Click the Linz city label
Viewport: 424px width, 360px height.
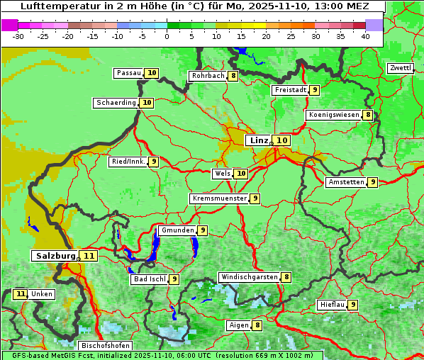coord(259,140)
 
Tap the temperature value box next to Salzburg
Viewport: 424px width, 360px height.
coord(89,256)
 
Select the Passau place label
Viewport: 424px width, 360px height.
coord(129,73)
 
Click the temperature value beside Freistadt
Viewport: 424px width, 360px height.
coord(314,90)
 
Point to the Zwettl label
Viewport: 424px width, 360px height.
coord(401,68)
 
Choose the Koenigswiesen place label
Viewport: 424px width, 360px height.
coord(334,115)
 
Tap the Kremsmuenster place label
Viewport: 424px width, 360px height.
coord(219,198)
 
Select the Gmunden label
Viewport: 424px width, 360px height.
coord(177,230)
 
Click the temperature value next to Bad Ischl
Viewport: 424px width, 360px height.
coord(174,279)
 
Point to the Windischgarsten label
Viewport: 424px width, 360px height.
coord(249,277)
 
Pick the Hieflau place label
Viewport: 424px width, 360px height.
coord(333,305)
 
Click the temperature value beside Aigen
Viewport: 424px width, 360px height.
coord(257,325)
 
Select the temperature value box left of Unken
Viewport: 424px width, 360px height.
coord(20,294)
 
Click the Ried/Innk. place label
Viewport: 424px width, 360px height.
coord(128,162)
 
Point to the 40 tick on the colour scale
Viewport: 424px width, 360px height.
coord(365,36)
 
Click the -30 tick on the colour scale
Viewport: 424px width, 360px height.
coord(18,36)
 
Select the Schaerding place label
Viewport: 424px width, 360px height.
coord(116,103)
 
